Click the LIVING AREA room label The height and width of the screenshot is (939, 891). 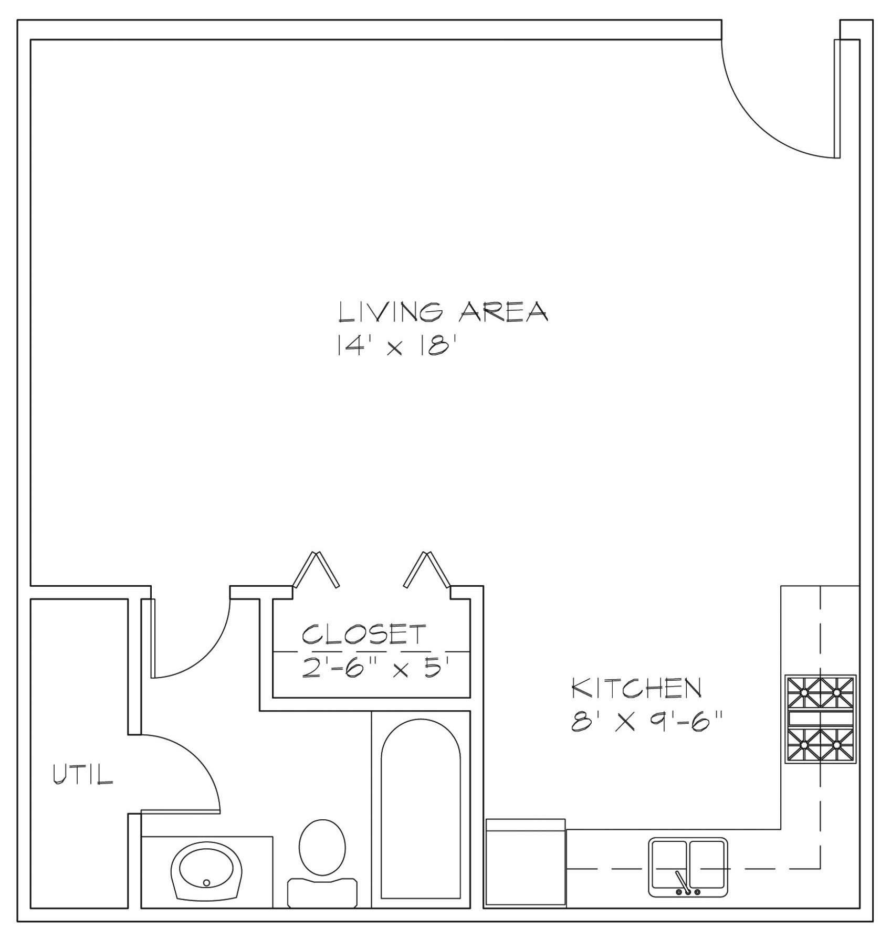click(443, 312)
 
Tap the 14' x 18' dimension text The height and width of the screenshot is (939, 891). click(394, 346)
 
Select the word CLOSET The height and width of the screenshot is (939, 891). click(364, 634)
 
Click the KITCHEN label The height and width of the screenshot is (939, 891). click(636, 688)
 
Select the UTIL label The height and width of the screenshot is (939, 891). click(83, 774)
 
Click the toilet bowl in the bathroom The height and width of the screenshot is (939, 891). click(322, 847)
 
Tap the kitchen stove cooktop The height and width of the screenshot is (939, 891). click(820, 719)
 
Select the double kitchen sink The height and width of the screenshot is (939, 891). click(688, 867)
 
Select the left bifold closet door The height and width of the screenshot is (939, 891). click(316, 570)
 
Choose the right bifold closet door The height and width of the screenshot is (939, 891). click(427, 570)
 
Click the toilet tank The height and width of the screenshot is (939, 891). click(322, 892)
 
